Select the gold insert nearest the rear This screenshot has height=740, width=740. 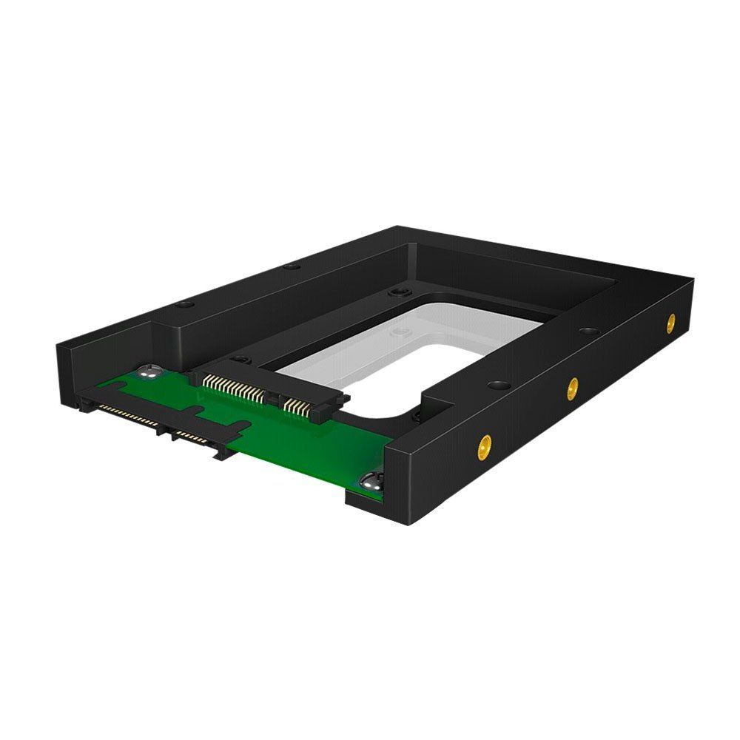click(670, 322)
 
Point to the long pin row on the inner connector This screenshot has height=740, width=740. click(234, 388)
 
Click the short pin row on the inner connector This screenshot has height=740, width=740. click(297, 406)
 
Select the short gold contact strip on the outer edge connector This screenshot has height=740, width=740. click(189, 432)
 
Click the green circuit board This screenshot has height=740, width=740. click(311, 451)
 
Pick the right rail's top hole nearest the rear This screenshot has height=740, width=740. click(589, 330)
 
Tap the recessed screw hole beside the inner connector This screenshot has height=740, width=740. click(240, 360)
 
